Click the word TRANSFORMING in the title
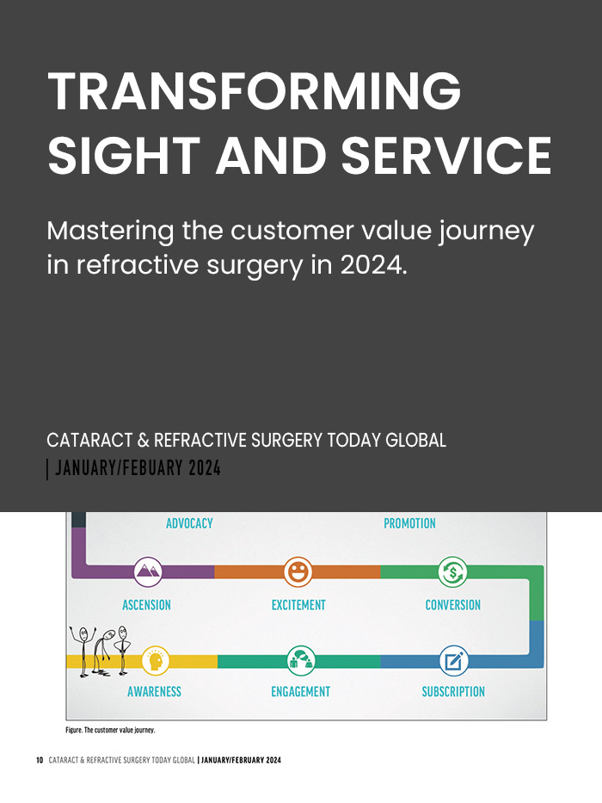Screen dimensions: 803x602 click(254, 90)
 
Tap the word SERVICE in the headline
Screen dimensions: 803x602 click(446, 156)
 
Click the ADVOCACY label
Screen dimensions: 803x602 click(189, 523)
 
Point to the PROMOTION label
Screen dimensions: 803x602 click(409, 523)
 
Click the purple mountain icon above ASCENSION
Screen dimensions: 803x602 click(148, 571)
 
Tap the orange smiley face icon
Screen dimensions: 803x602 click(298, 571)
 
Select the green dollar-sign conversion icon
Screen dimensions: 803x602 click(452, 571)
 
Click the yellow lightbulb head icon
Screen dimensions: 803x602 click(156, 660)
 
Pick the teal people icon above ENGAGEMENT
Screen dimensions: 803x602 click(301, 660)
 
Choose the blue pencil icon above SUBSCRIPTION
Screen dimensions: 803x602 click(452, 660)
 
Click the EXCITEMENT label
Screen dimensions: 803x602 click(298, 605)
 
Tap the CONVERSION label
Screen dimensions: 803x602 click(452, 605)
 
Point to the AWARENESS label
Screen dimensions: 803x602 click(155, 692)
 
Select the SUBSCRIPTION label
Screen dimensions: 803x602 click(452, 692)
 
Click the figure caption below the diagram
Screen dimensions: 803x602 click(110, 730)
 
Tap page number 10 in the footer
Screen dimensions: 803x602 click(40, 761)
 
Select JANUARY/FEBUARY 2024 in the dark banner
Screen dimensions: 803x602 click(138, 469)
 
